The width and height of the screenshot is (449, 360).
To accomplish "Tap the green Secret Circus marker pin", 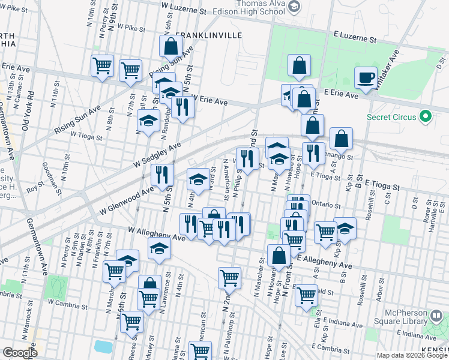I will click(426, 115).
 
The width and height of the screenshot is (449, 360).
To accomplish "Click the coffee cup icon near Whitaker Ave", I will click(365, 78).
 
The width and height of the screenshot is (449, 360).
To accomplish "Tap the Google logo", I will click(20, 353).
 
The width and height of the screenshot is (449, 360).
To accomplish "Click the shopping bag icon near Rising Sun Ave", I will click(171, 46).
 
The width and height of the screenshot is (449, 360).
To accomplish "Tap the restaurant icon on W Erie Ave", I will click(182, 107).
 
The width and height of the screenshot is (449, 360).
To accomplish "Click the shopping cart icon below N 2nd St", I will click(229, 278).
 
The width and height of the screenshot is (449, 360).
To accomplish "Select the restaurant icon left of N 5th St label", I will click(161, 175).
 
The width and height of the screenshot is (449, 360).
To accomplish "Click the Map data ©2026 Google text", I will click(412, 355).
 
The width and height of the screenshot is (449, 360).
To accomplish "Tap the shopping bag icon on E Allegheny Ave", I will click(279, 256).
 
